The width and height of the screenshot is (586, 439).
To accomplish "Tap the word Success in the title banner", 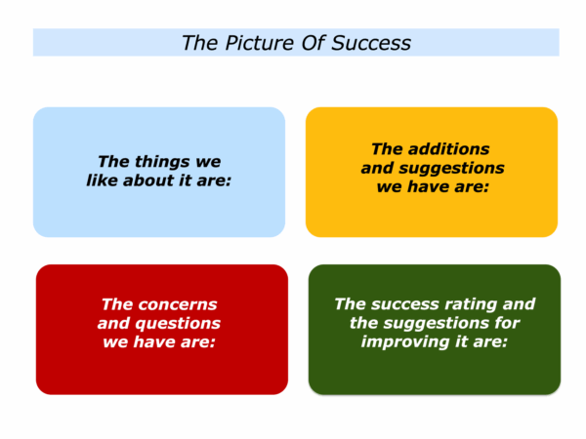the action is (371, 43).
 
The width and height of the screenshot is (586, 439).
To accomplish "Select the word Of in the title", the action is (314, 43).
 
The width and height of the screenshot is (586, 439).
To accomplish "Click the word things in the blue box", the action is (162, 162).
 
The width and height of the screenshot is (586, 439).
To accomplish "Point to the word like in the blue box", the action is (102, 180).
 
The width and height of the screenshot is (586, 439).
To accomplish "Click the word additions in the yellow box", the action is (448, 149).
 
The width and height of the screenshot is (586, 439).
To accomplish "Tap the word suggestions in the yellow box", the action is (451, 169).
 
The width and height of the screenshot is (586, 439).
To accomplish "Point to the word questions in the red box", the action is (178, 324).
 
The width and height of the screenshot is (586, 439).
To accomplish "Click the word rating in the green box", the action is (470, 304).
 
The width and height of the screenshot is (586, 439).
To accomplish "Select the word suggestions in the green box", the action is (437, 323).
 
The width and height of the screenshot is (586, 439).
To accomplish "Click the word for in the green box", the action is (507, 323).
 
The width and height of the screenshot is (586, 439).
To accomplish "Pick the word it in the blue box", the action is (185, 180).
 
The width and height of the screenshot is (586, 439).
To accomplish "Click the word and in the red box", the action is (113, 323).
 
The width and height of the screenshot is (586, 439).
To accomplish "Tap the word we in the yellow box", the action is (390, 186).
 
